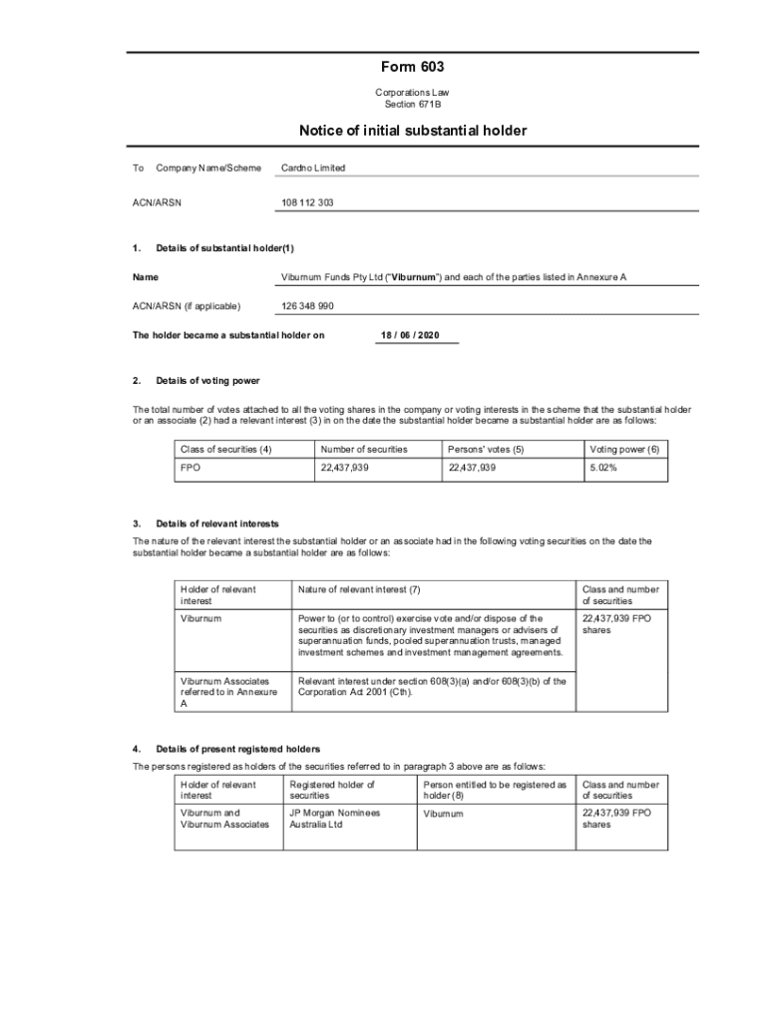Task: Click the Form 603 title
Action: [x=412, y=68]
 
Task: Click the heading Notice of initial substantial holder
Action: [x=412, y=131]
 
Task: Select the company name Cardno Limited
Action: [x=313, y=169]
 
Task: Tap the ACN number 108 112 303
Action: [x=307, y=202]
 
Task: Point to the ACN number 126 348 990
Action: [x=307, y=306]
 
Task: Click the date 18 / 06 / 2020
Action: [x=409, y=335]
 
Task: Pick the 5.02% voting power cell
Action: [x=603, y=468]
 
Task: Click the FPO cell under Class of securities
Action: [x=190, y=468]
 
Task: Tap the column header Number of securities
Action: [x=364, y=450]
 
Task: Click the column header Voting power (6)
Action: [x=624, y=450]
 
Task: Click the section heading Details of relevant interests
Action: [x=217, y=523]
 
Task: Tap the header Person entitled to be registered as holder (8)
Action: [x=494, y=790]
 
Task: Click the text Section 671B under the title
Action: [x=412, y=104]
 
